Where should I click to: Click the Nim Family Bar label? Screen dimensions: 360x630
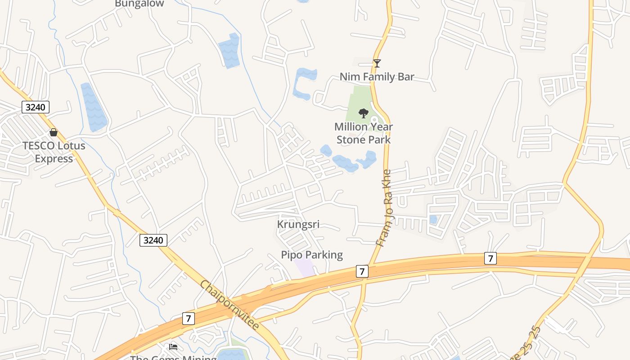[377, 77]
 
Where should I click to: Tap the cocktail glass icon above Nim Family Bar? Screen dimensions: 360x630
[377, 63]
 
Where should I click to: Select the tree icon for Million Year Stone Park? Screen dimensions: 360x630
[364, 113]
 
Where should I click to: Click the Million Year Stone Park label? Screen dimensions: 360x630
[364, 133]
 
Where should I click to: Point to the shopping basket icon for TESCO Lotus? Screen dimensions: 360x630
[54, 132]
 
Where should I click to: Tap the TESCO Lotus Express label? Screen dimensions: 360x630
[54, 152]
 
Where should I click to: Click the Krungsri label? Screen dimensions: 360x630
[298, 225]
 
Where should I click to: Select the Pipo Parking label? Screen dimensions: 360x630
[312, 255]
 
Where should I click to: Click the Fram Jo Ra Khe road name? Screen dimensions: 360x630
[385, 208]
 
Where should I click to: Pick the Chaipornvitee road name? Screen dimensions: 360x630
[229, 305]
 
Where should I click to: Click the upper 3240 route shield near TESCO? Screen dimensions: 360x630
[36, 107]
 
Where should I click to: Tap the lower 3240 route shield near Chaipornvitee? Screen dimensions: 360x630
[153, 240]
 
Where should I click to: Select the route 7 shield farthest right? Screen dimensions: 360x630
[490, 258]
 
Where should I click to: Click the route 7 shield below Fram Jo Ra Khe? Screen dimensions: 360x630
[362, 271]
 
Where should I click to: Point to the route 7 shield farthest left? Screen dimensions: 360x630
[189, 319]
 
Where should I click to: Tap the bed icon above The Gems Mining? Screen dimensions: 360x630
[173, 346]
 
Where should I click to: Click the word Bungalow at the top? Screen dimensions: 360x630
[139, 4]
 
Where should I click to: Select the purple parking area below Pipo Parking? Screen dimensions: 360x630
[305, 268]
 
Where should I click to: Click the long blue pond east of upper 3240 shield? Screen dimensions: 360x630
[94, 108]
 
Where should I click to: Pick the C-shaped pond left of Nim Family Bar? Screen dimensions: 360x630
[302, 84]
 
